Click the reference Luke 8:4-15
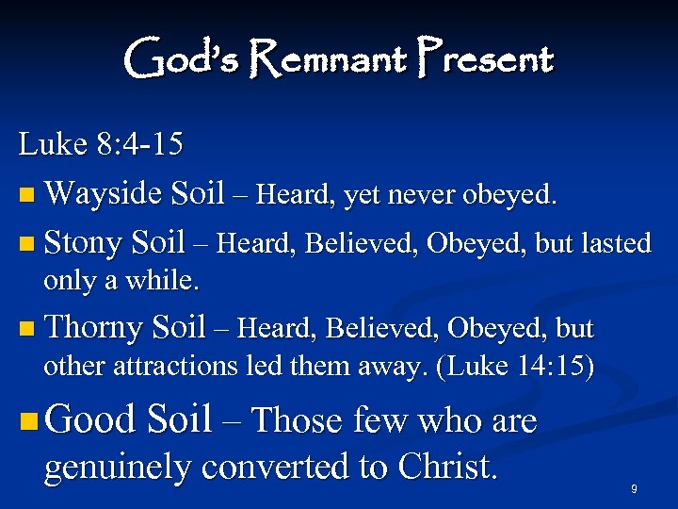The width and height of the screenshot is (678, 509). click(101, 145)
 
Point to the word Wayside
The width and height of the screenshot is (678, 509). click(103, 194)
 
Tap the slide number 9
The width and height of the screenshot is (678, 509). click(634, 488)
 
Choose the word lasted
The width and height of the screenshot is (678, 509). click(610, 243)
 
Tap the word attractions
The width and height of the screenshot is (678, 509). click(173, 366)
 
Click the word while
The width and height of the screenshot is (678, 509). click(166, 281)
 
